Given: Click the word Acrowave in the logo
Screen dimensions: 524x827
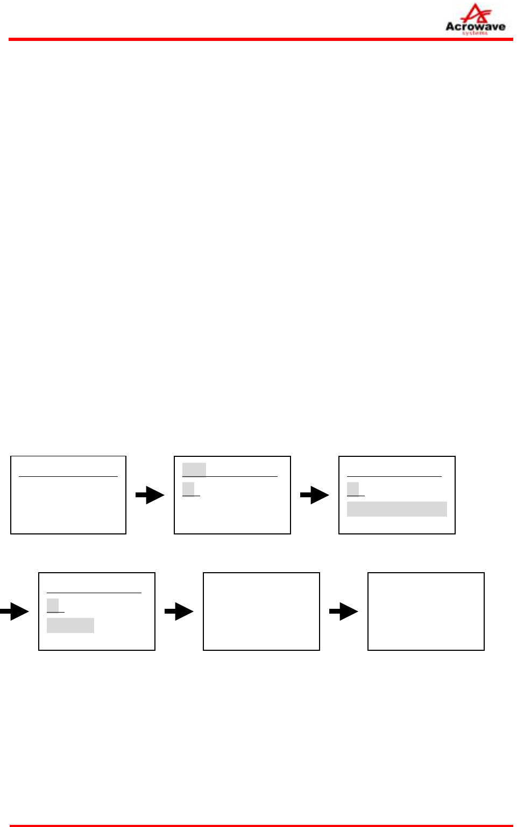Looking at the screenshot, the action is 475,26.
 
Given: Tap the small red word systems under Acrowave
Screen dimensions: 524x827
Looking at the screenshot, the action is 475,33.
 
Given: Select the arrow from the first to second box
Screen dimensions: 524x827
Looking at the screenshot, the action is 150,495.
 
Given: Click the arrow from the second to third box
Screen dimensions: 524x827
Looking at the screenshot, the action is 315,495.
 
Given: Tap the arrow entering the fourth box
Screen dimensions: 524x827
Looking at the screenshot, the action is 15,611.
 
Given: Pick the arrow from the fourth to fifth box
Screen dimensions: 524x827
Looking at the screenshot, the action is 179,611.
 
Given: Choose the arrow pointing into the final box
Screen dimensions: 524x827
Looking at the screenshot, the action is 344,611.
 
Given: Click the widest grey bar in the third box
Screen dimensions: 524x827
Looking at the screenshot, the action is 397,509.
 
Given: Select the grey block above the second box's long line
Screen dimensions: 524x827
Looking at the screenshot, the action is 194,470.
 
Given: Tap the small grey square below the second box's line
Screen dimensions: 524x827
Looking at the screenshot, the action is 188,489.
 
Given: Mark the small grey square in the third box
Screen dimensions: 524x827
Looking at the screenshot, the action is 353,489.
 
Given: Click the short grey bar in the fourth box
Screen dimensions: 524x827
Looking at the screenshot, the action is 70,626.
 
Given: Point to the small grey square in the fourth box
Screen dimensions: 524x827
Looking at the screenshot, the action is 53,606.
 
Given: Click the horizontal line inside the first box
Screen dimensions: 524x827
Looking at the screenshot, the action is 68,476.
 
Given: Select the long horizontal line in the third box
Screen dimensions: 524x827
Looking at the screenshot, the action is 394,476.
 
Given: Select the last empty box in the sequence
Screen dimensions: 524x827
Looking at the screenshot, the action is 426,611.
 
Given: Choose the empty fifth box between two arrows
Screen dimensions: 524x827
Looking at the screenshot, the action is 261,611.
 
